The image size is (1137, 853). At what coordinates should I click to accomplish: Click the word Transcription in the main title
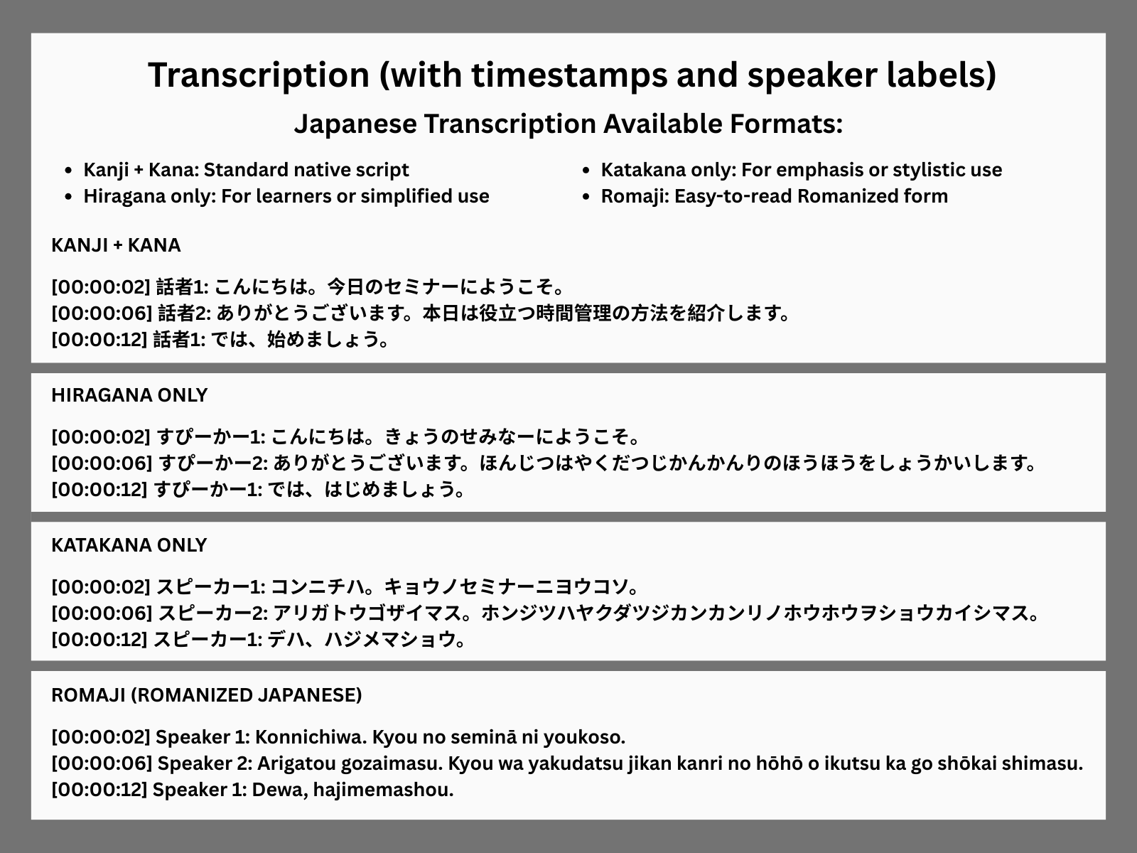click(x=259, y=75)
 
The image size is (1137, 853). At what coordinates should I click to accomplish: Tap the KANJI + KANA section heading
click(x=116, y=245)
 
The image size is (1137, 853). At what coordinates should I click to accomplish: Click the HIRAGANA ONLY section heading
click(x=129, y=395)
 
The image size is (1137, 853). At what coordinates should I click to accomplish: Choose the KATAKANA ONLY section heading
click(x=129, y=544)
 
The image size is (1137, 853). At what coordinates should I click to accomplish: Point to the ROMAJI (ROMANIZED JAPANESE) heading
click(x=207, y=695)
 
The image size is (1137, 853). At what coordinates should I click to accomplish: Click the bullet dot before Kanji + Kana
click(x=68, y=171)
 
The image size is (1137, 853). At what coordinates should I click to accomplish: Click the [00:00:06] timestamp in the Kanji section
click(x=102, y=313)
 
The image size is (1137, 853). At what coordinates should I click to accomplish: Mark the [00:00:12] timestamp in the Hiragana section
click(x=99, y=490)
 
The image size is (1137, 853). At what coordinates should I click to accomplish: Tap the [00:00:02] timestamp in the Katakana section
click(x=100, y=587)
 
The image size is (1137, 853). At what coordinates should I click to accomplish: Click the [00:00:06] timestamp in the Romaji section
click(x=102, y=763)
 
